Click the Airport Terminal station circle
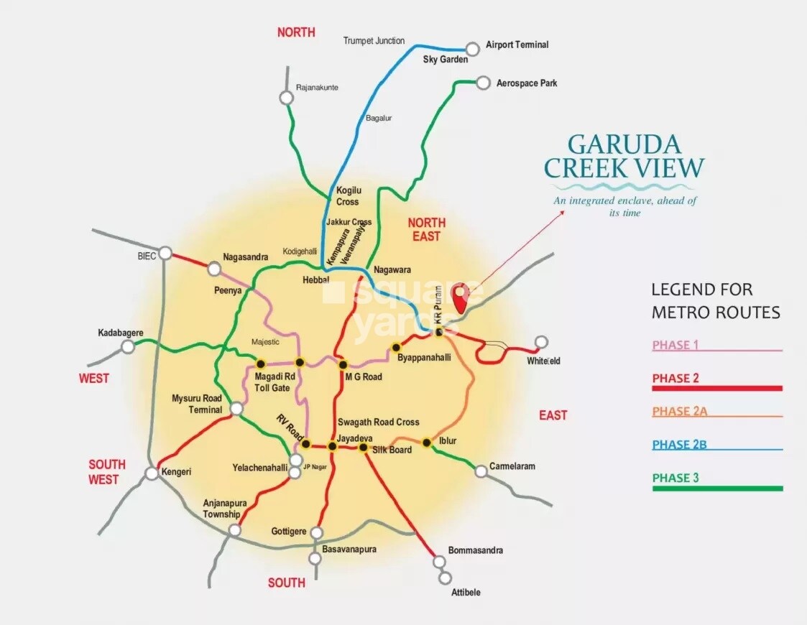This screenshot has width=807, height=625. click(x=472, y=49)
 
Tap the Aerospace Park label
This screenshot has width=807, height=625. click(x=526, y=83)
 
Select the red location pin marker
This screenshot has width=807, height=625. click(x=460, y=295)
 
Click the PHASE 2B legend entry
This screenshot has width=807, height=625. click(x=679, y=445)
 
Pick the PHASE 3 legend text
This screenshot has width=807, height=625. click(x=675, y=478)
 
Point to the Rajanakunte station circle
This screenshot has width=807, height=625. click(x=287, y=98)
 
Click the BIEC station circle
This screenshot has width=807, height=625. click(x=165, y=253)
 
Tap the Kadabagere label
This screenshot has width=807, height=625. click(x=121, y=333)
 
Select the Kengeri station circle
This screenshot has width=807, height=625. click(x=152, y=473)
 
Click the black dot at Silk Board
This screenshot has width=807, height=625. click(x=363, y=448)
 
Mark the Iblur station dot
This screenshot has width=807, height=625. click(x=426, y=443)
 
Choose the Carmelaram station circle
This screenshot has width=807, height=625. click(x=481, y=471)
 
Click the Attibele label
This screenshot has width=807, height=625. click(x=466, y=593)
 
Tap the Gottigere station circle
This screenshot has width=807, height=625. click(x=316, y=533)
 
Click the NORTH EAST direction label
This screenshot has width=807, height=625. click(x=426, y=229)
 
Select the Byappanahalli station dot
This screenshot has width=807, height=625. click(x=395, y=348)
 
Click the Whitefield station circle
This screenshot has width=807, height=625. click(x=541, y=342)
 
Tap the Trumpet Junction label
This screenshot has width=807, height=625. click(x=374, y=41)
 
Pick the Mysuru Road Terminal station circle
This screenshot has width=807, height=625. click(x=236, y=409)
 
